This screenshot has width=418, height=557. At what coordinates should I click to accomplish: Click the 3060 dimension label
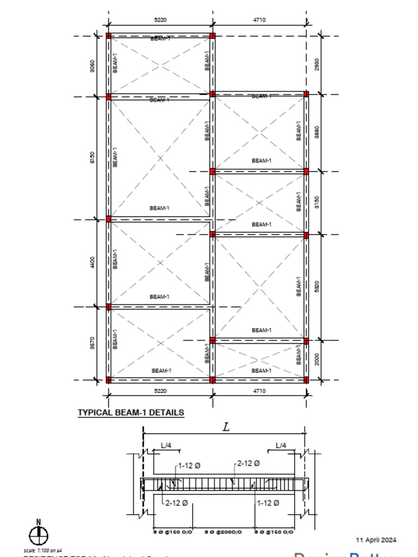point(92,66)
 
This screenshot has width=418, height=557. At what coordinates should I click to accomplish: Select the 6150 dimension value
point(92,158)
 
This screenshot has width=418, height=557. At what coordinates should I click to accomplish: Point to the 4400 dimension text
point(92,263)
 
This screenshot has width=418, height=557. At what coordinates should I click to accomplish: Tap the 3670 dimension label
point(92,343)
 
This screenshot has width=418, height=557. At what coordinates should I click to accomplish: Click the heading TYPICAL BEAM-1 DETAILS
point(131,413)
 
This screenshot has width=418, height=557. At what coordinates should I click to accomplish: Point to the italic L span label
point(226,428)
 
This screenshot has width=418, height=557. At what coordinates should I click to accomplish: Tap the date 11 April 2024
point(376,540)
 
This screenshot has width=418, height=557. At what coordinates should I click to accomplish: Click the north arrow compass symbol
point(38,536)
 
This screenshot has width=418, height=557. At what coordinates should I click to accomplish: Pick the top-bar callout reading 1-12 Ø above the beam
point(189,466)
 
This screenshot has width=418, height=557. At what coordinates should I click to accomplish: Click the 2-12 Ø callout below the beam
point(176,503)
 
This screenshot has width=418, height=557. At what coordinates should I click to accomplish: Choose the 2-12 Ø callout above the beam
point(248,463)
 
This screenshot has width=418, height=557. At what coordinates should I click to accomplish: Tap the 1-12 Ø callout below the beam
point(268,503)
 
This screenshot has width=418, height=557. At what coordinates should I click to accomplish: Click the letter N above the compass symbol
point(38,523)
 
